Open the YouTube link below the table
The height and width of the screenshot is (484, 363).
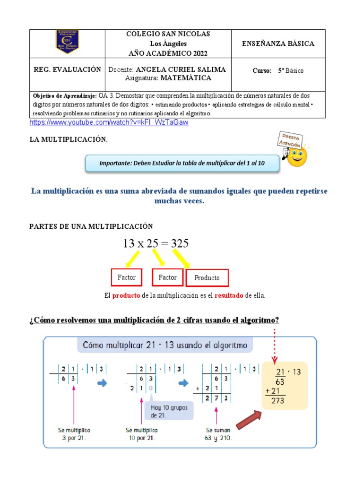(109, 122)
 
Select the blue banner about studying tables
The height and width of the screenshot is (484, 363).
(182, 163)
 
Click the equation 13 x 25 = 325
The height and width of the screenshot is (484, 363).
(156, 243)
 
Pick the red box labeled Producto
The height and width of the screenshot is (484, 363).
(207, 277)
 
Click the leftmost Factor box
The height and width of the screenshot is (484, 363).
(126, 277)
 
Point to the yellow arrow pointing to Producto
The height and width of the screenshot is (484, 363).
(181, 258)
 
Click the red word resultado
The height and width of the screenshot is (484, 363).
(229, 295)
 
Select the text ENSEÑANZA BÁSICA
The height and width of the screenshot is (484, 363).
(278, 43)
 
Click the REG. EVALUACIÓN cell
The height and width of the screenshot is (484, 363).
(67, 69)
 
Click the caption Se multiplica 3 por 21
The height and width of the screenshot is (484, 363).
(73, 434)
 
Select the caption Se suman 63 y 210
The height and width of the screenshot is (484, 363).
(218, 434)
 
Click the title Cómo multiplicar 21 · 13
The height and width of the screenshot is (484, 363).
(165, 345)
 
